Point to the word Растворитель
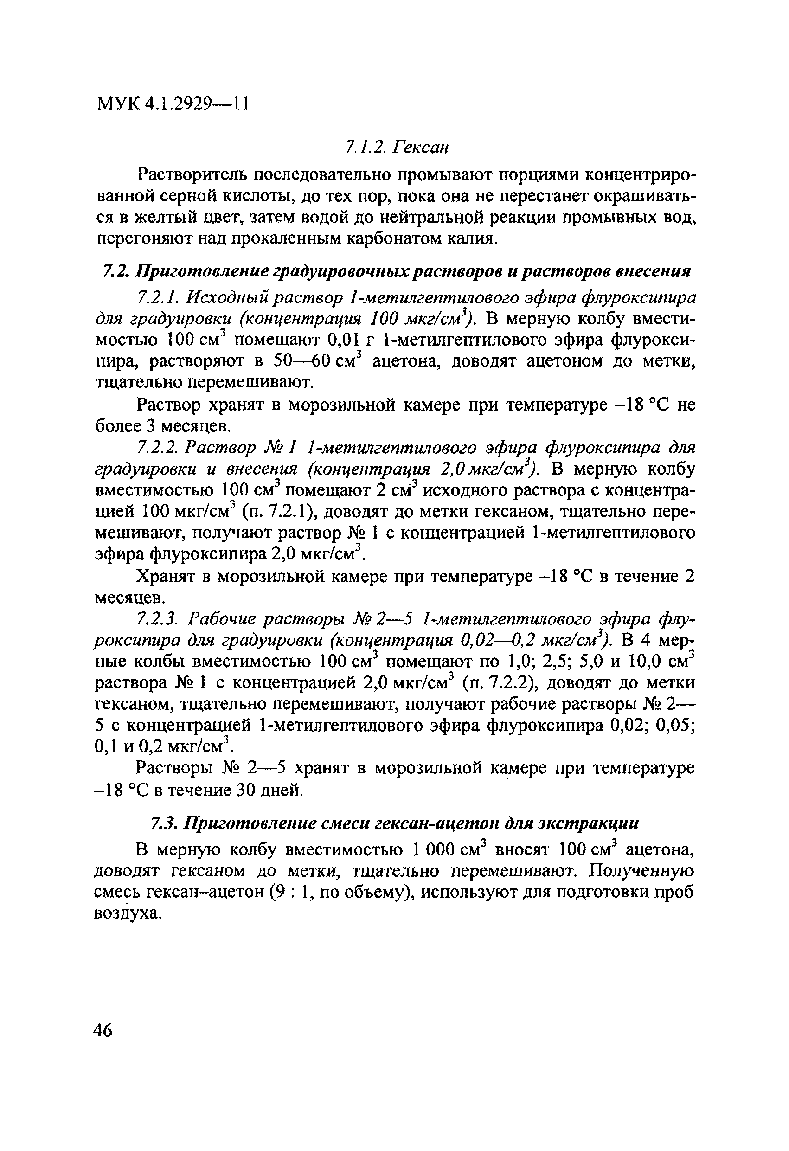click(x=191, y=175)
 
